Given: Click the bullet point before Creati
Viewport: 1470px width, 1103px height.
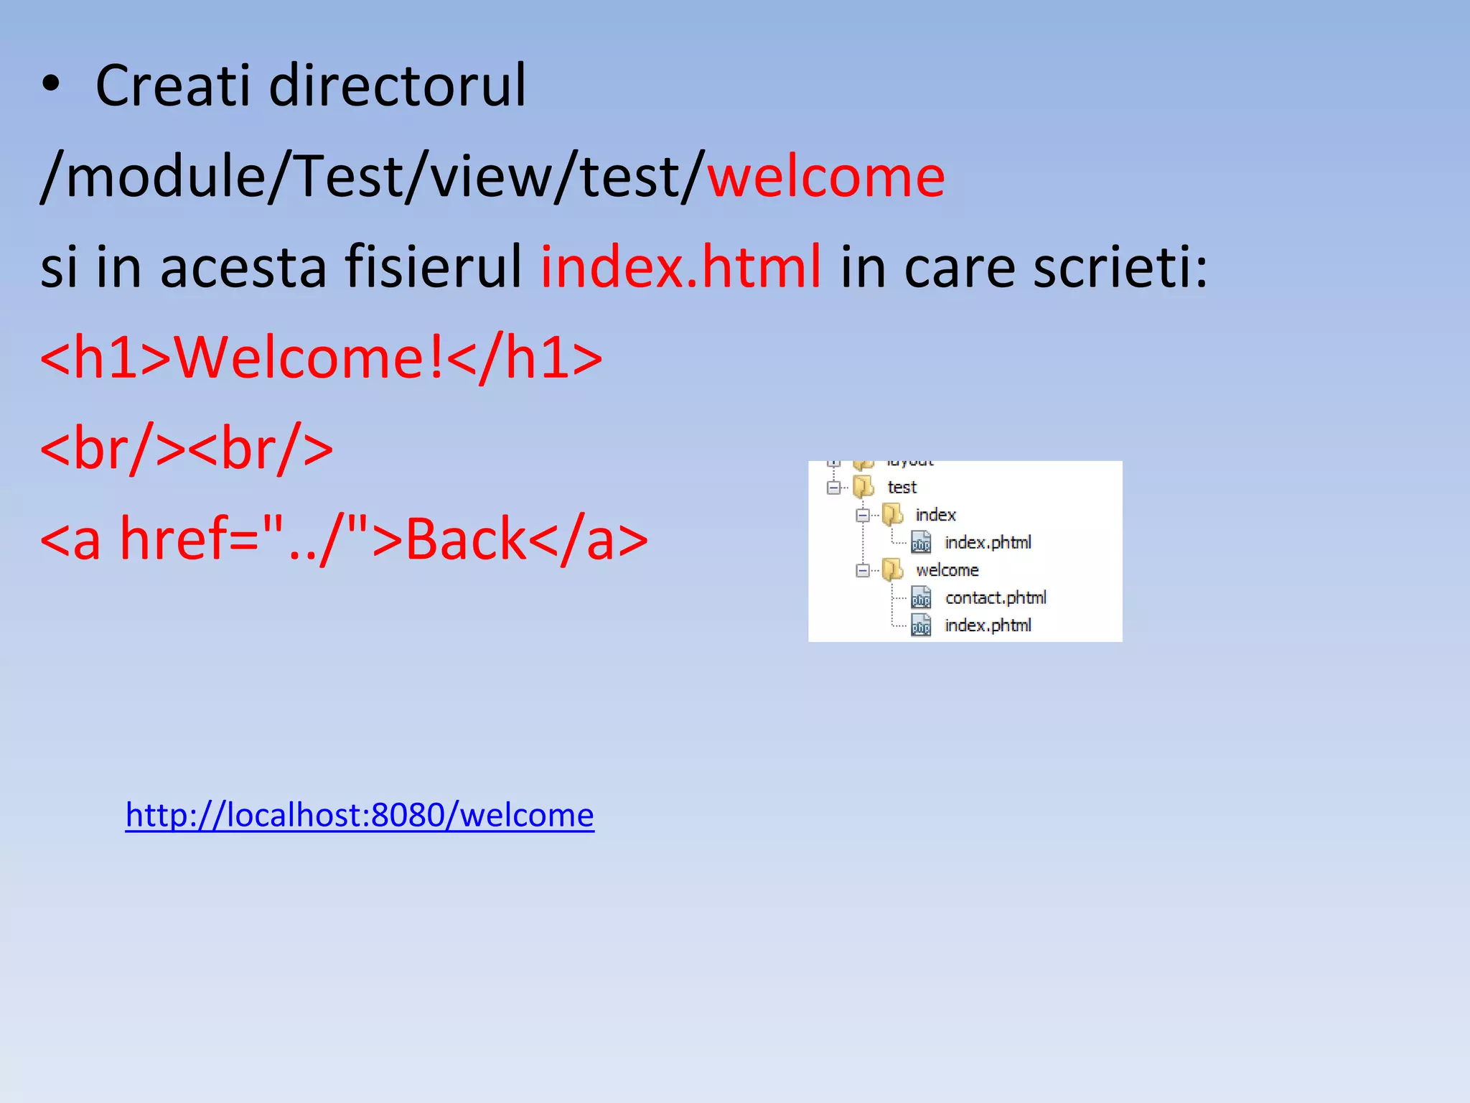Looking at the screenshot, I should pos(50,85).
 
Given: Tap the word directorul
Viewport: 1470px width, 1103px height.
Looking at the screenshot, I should pos(397,85).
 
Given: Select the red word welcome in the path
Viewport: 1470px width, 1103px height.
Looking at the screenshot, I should pos(826,177).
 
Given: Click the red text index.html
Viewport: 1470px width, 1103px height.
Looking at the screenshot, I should pos(680,267).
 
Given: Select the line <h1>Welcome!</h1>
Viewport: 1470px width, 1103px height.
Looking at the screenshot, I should pos(321,358).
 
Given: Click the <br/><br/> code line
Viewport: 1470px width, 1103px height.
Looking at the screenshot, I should pos(187,449).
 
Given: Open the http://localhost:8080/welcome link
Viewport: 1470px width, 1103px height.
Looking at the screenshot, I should pos(360,815).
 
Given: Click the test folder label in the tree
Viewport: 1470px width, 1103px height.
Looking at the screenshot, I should pos(902,488).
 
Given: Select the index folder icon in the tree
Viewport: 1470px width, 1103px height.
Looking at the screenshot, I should pos(892,514).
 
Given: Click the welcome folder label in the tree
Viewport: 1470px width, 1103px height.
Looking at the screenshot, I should pos(947,570).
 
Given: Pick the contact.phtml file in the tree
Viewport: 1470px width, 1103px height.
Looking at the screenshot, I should pos(995,597).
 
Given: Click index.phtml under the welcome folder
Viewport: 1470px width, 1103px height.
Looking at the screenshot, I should pos(988,625).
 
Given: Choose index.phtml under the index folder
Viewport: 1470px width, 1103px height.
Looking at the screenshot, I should pos(988,542).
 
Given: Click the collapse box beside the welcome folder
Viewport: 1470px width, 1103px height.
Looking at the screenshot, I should pos(863,571).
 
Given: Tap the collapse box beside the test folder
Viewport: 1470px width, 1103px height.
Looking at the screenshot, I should pos(833,488).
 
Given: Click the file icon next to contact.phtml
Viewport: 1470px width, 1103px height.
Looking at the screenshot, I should pos(921,597).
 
